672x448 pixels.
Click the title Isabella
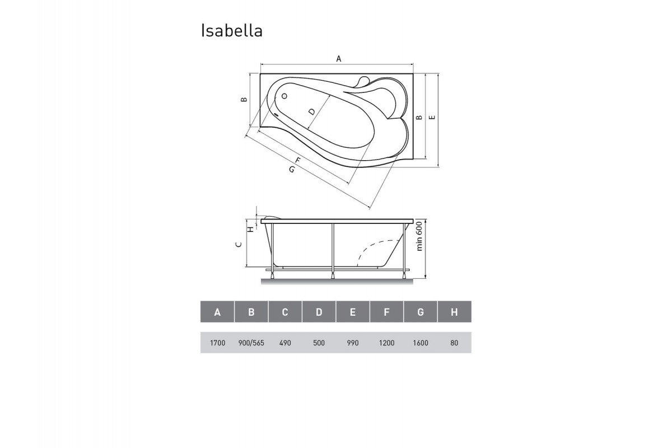pyautogui.click(x=231, y=31)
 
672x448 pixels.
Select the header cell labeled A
pyautogui.click(x=217, y=312)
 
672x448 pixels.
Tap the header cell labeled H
pyautogui.click(x=454, y=312)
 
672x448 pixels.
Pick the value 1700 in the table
pyautogui.click(x=217, y=343)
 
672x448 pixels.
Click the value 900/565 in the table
pyautogui.click(x=251, y=343)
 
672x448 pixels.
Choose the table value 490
pyautogui.click(x=285, y=343)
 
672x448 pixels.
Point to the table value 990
pyautogui.click(x=352, y=343)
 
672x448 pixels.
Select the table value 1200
pyautogui.click(x=386, y=343)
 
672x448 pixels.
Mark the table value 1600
pyautogui.click(x=420, y=343)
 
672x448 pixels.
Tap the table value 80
pyautogui.click(x=454, y=343)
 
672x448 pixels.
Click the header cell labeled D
pyautogui.click(x=319, y=312)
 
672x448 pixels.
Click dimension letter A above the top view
pyautogui.click(x=338, y=58)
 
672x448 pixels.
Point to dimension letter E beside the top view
pyautogui.click(x=432, y=118)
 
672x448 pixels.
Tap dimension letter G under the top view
pyautogui.click(x=292, y=169)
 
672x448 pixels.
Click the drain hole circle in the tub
pyautogui.click(x=284, y=96)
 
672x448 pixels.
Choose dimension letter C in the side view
pyautogui.click(x=238, y=245)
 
